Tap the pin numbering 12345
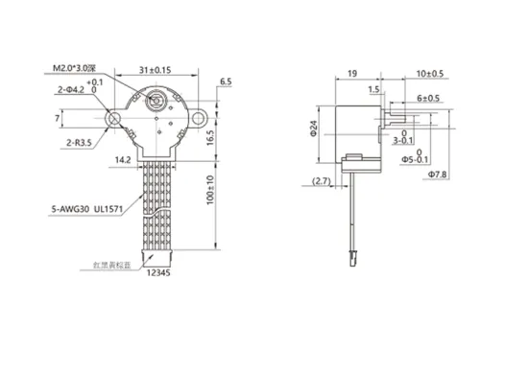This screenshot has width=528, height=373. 156,275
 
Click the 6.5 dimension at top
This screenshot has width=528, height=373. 225,83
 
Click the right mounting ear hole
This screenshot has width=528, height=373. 201,118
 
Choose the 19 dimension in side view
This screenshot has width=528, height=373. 353,72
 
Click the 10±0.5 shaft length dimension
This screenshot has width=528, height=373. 430,72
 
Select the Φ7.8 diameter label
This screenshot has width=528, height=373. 437,175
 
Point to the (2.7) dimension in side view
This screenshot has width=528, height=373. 324,180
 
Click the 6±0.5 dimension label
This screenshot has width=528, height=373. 428,98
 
